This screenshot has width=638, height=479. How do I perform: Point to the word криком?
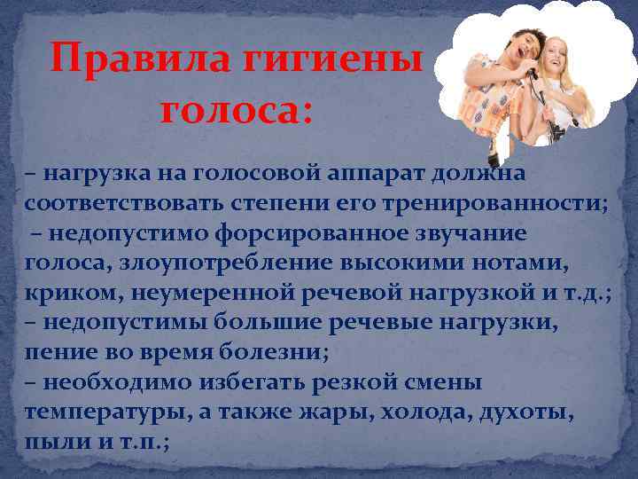point(67,293)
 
